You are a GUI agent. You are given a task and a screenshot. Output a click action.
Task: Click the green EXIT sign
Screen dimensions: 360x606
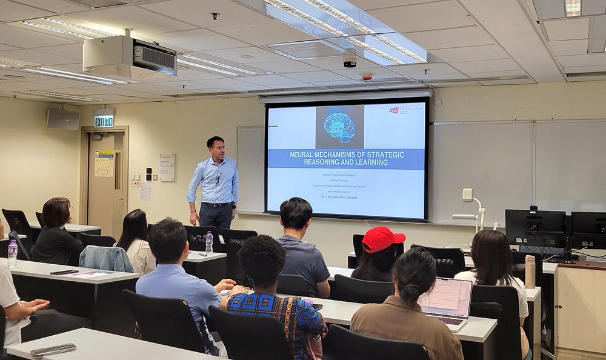click(104, 121)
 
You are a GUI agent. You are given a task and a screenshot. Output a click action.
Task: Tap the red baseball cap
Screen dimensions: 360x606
click(382, 239)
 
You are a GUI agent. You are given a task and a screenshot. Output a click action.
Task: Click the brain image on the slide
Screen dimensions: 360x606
click(339, 127)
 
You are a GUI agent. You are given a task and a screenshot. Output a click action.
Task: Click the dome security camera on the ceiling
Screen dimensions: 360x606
click(350, 60)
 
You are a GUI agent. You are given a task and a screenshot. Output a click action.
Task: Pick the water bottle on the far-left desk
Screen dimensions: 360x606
click(12, 253)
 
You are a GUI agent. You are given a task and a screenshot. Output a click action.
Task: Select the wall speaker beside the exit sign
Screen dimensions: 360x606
click(63, 119)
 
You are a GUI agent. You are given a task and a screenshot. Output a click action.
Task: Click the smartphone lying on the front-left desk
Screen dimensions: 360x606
click(53, 350)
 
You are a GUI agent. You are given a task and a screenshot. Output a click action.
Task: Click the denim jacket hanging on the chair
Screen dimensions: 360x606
click(105, 258)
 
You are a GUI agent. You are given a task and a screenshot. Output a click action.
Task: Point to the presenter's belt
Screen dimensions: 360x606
click(216, 205)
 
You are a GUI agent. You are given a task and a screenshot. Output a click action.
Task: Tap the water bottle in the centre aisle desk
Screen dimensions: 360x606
click(209, 242)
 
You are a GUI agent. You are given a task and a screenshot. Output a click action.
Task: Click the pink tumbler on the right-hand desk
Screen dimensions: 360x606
click(530, 272)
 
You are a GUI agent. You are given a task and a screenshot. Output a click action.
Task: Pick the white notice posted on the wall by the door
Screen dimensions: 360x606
click(167, 167)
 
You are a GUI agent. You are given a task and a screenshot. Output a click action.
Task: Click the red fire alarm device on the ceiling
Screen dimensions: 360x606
click(367, 76)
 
